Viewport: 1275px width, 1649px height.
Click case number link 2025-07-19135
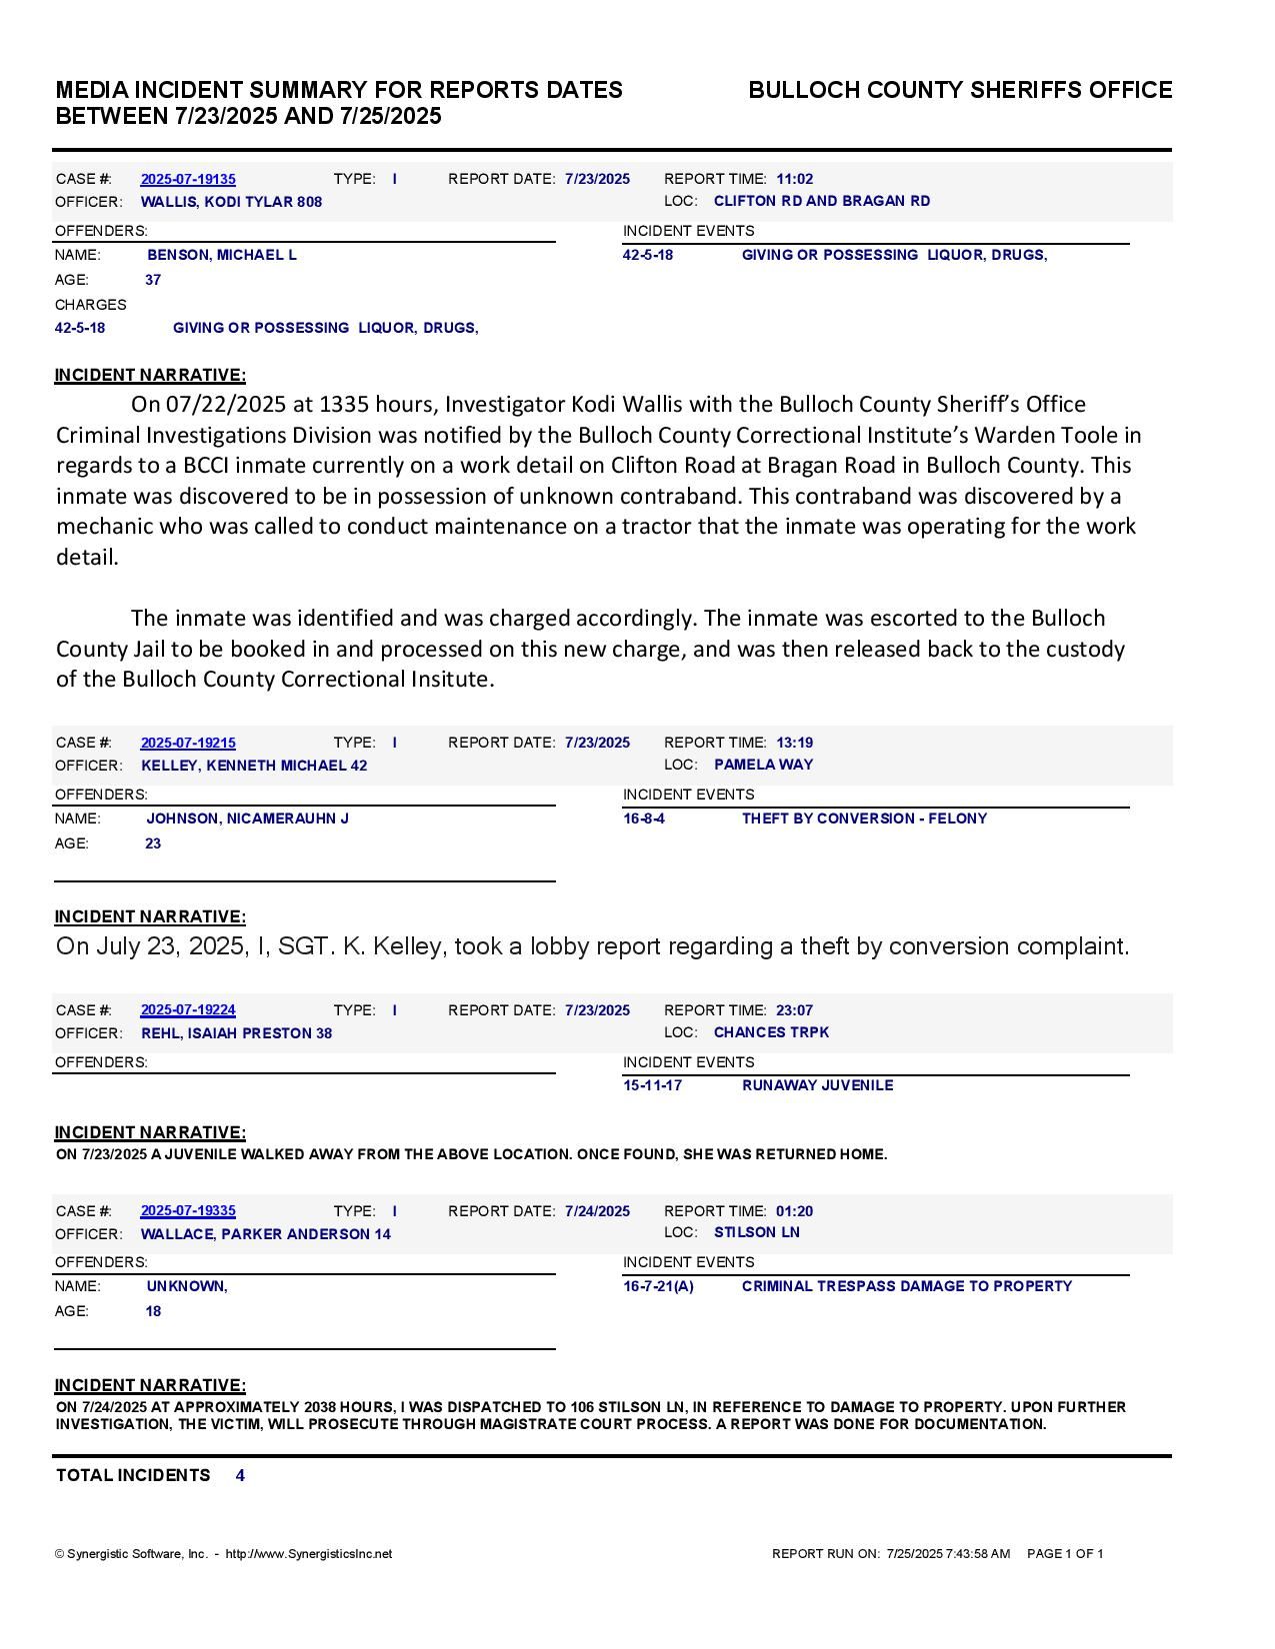point(188,179)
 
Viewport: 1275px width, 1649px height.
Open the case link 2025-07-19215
point(188,743)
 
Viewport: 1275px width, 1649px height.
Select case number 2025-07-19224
point(188,1010)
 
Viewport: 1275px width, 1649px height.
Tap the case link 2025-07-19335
point(188,1211)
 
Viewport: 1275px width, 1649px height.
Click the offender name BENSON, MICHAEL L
point(222,255)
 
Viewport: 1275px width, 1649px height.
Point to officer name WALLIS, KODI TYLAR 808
point(231,202)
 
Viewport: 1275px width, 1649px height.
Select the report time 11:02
point(794,179)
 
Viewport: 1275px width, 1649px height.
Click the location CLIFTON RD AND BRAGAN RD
point(822,201)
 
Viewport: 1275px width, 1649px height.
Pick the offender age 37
point(153,280)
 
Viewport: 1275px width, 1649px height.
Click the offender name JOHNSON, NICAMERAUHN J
point(247,819)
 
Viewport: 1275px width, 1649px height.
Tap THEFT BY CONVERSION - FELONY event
point(864,819)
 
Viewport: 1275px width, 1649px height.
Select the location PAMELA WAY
point(763,765)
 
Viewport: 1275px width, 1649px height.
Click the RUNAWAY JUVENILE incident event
point(817,1085)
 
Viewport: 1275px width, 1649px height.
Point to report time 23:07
point(794,1010)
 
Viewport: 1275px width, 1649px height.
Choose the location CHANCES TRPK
point(771,1032)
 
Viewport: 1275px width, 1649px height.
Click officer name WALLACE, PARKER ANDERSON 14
point(265,1234)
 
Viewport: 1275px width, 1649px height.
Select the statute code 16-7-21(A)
point(658,1286)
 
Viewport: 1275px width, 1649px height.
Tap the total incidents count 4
point(240,1475)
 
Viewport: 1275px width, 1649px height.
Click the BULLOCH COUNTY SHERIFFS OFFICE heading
point(960,90)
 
